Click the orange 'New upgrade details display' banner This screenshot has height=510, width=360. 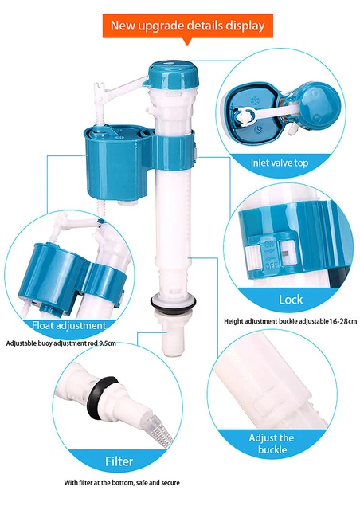point(187,25)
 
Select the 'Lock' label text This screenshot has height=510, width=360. point(291,300)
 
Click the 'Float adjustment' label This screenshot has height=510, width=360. point(68,325)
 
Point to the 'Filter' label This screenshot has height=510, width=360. point(119,461)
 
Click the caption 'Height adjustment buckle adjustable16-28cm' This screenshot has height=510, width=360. point(290,321)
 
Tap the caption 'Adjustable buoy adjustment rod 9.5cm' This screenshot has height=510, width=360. point(61,343)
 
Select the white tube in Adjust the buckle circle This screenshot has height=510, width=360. point(267,382)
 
